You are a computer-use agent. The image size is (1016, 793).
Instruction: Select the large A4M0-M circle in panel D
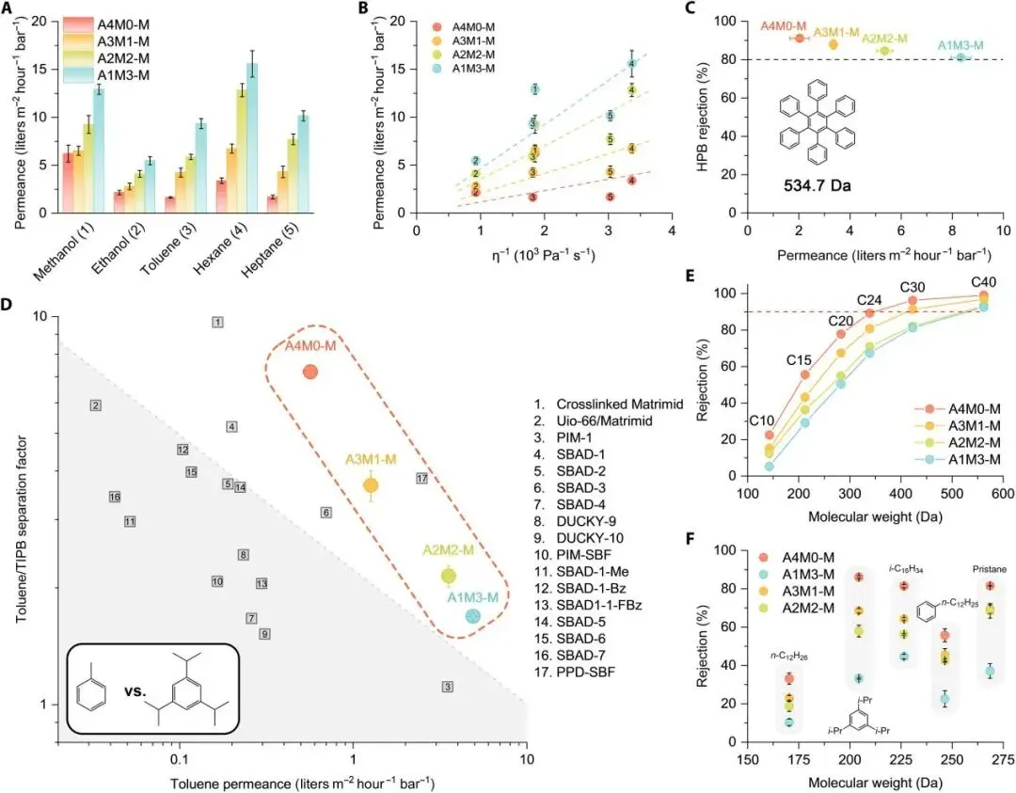[x=310, y=372]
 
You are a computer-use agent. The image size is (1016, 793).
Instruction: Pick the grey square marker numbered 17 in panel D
[x=422, y=479]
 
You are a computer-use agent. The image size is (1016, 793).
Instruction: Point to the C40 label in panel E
[x=984, y=283]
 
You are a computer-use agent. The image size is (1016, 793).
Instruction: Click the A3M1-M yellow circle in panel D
[x=371, y=485]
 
